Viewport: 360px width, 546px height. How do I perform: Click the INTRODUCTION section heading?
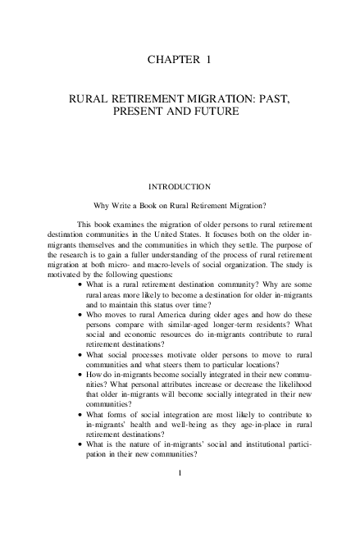tap(180, 187)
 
